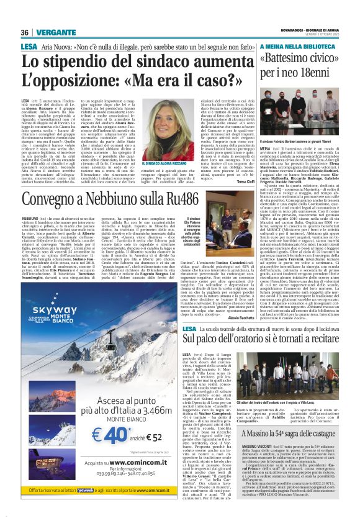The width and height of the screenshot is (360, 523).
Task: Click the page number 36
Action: coord(25,32)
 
